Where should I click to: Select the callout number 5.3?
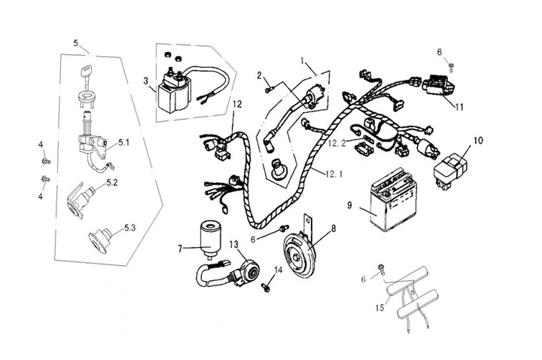130,227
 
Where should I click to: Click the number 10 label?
480,141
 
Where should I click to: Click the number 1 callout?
303,59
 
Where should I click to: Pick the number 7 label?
180,247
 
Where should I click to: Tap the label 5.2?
111,182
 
